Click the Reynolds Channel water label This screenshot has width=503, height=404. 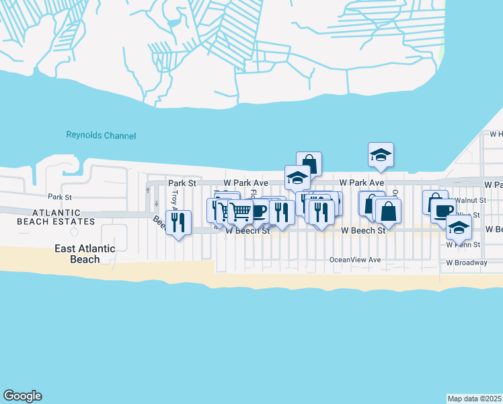point(101,135)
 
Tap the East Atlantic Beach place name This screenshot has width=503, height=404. point(84,254)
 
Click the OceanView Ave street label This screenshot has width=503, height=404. point(355,260)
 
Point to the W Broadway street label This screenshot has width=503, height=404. point(466,263)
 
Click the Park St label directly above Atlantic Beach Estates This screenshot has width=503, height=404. point(59,197)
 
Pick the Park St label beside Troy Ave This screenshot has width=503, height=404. point(182,182)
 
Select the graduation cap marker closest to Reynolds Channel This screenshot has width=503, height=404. point(381,155)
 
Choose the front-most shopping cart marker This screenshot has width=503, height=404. point(240,211)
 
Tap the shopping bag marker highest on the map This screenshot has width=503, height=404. point(309,163)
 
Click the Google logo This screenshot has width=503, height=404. point(22,396)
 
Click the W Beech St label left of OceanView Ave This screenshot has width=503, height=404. point(247,230)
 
